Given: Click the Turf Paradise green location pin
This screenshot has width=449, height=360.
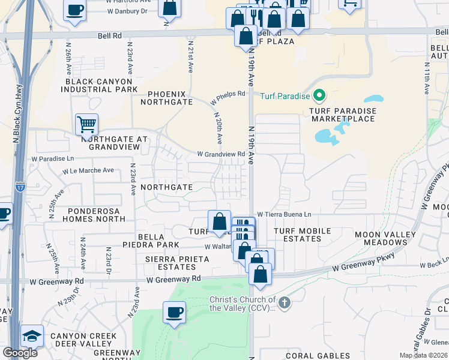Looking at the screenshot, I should (x=319, y=95).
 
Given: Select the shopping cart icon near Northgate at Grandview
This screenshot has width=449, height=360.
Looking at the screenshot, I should (x=86, y=125).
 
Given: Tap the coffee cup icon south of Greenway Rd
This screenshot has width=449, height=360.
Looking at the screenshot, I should (x=174, y=313).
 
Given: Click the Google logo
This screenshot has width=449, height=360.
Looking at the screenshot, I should (x=19, y=352).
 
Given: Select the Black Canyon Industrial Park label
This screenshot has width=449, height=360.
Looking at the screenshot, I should (x=101, y=85).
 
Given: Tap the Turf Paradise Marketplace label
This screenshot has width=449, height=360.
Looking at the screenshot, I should (x=343, y=115).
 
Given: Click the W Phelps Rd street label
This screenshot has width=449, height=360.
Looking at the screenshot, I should (x=228, y=94).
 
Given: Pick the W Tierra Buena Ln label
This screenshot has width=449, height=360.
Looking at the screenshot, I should (x=284, y=214).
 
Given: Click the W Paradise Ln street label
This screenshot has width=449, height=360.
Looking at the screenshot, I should (x=53, y=159).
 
